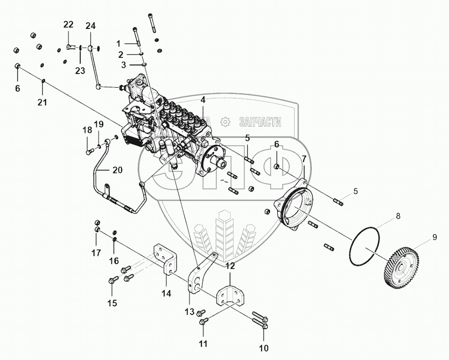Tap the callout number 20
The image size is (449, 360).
point(117,170)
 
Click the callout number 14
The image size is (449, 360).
point(166,293)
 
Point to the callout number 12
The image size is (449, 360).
point(230,267)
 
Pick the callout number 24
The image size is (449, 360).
point(91,26)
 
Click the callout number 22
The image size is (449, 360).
point(69,25)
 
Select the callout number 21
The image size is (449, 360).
point(43,102)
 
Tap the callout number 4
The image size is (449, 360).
point(203,100)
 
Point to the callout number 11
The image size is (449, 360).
point(203,344)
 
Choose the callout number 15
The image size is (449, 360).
point(112,303)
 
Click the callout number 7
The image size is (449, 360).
point(304,158)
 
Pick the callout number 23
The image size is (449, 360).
point(80,71)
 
